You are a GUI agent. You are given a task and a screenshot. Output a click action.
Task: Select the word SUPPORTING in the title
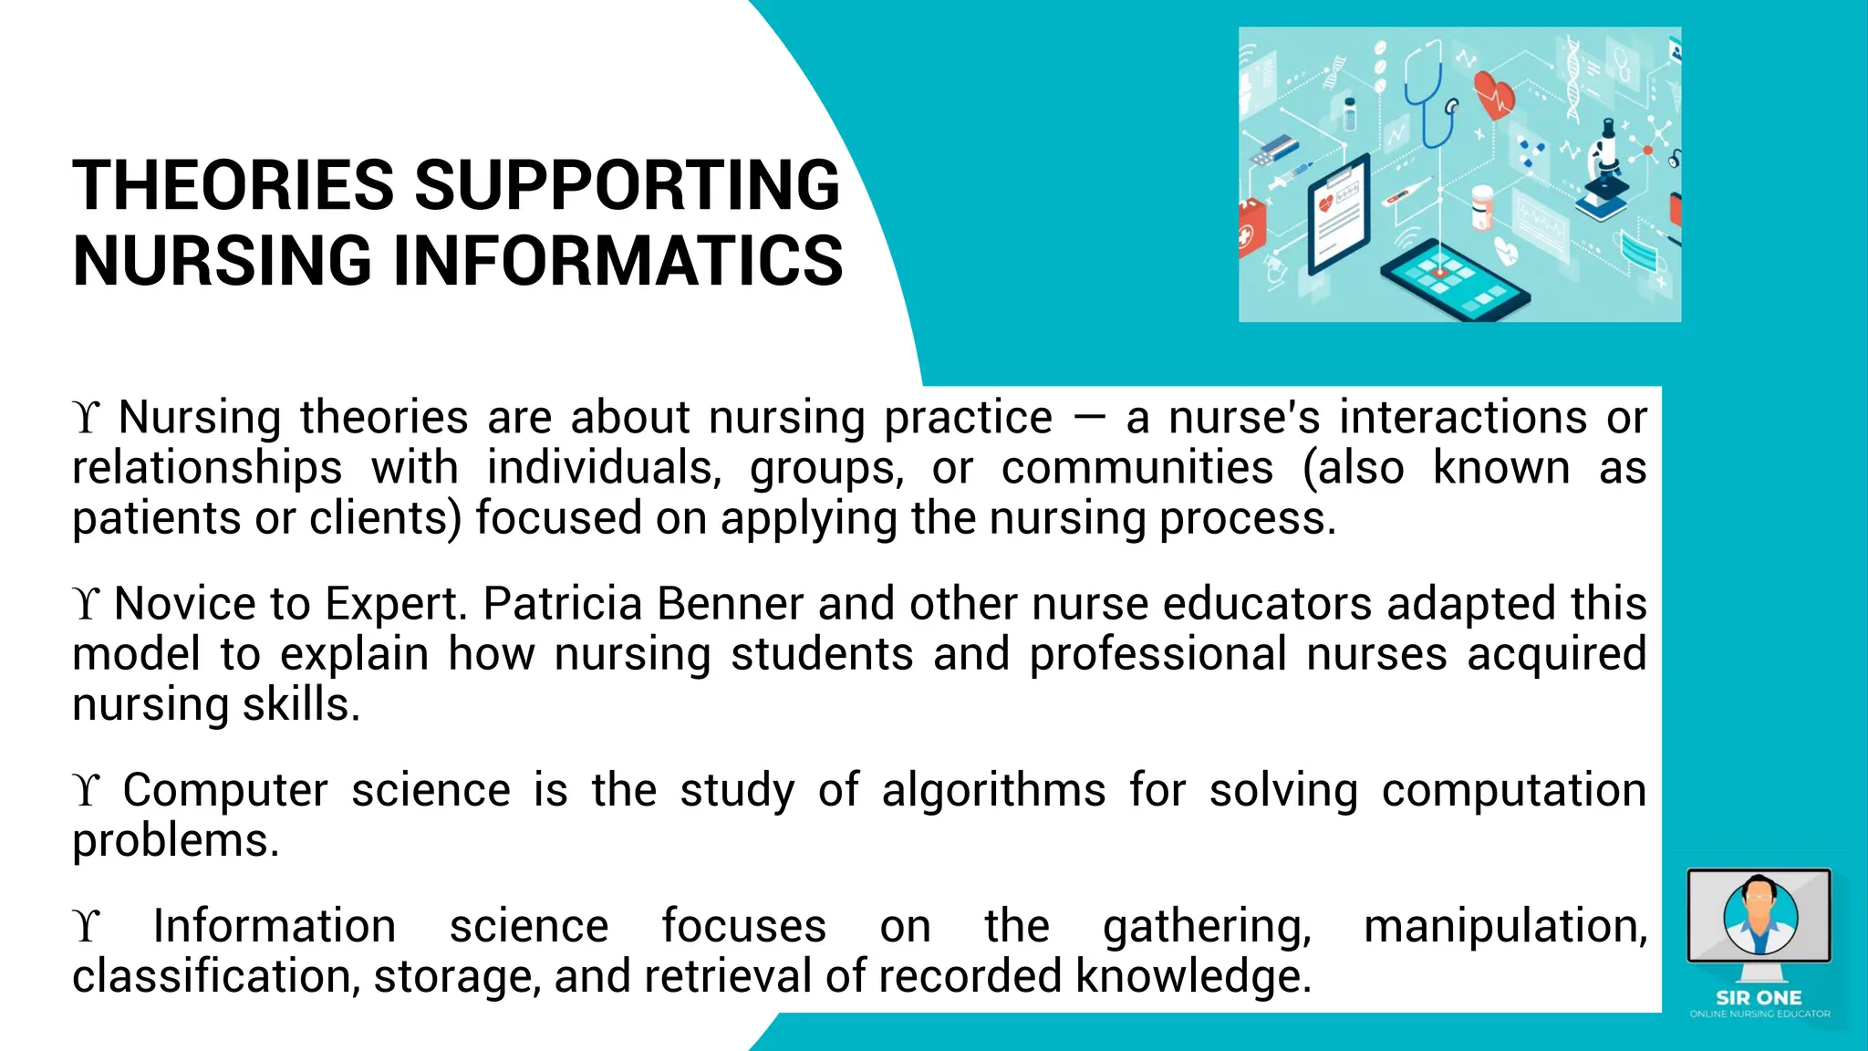(628, 185)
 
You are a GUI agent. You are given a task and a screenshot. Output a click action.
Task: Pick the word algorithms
(993, 790)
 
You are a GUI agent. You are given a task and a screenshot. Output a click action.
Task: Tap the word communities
(1137, 468)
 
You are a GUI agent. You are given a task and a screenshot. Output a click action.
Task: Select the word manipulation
(1505, 926)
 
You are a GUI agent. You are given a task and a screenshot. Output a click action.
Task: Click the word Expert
(395, 604)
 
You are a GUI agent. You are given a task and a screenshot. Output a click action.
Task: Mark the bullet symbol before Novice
(86, 604)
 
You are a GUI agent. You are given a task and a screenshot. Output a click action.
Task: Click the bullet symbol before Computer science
(86, 790)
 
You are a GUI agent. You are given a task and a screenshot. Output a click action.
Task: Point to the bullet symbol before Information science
(86, 927)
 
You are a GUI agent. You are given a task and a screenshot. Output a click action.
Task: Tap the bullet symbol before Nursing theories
(86, 418)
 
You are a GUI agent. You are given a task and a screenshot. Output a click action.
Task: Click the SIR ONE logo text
(1759, 998)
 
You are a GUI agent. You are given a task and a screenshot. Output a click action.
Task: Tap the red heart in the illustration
(1494, 96)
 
